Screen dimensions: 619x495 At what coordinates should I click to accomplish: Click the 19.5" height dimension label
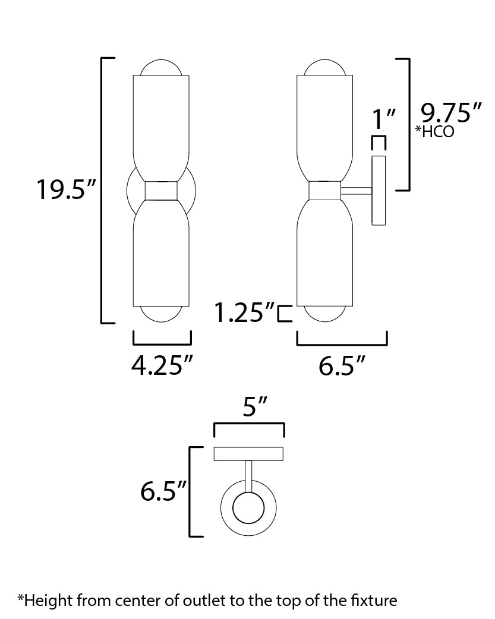(x=65, y=191)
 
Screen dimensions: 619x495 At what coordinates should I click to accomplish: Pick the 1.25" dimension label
(x=245, y=312)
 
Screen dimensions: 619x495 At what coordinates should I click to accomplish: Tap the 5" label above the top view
(x=249, y=408)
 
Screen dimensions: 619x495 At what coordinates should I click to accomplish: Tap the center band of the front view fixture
(x=162, y=191)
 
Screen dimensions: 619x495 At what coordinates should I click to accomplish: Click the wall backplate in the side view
(x=379, y=191)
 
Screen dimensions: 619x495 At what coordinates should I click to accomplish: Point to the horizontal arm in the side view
(x=355, y=191)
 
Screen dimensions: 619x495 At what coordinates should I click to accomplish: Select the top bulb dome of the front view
(x=162, y=68)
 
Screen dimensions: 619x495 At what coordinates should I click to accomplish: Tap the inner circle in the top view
(x=248, y=508)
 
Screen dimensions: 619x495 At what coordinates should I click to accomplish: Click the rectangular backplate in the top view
(x=248, y=454)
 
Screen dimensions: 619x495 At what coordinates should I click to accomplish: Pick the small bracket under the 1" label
(x=379, y=143)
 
